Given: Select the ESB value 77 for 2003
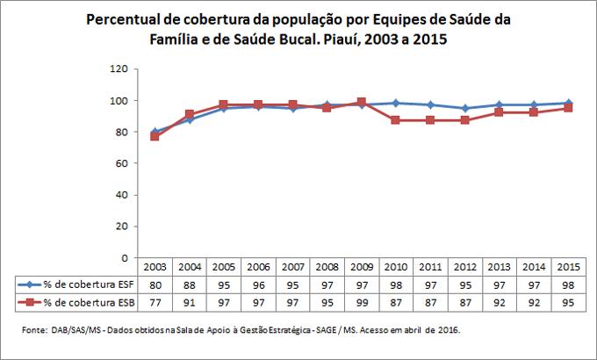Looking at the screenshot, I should point(155,302).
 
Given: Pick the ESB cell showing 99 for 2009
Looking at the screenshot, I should point(361,302).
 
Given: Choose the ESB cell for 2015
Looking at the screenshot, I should point(568,302).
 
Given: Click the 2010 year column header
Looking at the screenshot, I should point(395,266).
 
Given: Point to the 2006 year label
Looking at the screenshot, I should point(258,266).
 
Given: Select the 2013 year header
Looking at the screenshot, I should point(499,266).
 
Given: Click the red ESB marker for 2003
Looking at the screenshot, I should point(155,137).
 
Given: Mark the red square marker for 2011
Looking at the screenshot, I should point(430,120).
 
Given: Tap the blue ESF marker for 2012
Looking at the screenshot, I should point(464,108).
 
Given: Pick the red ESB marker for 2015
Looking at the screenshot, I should point(568,108).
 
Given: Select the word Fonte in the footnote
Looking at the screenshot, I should point(34,330).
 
